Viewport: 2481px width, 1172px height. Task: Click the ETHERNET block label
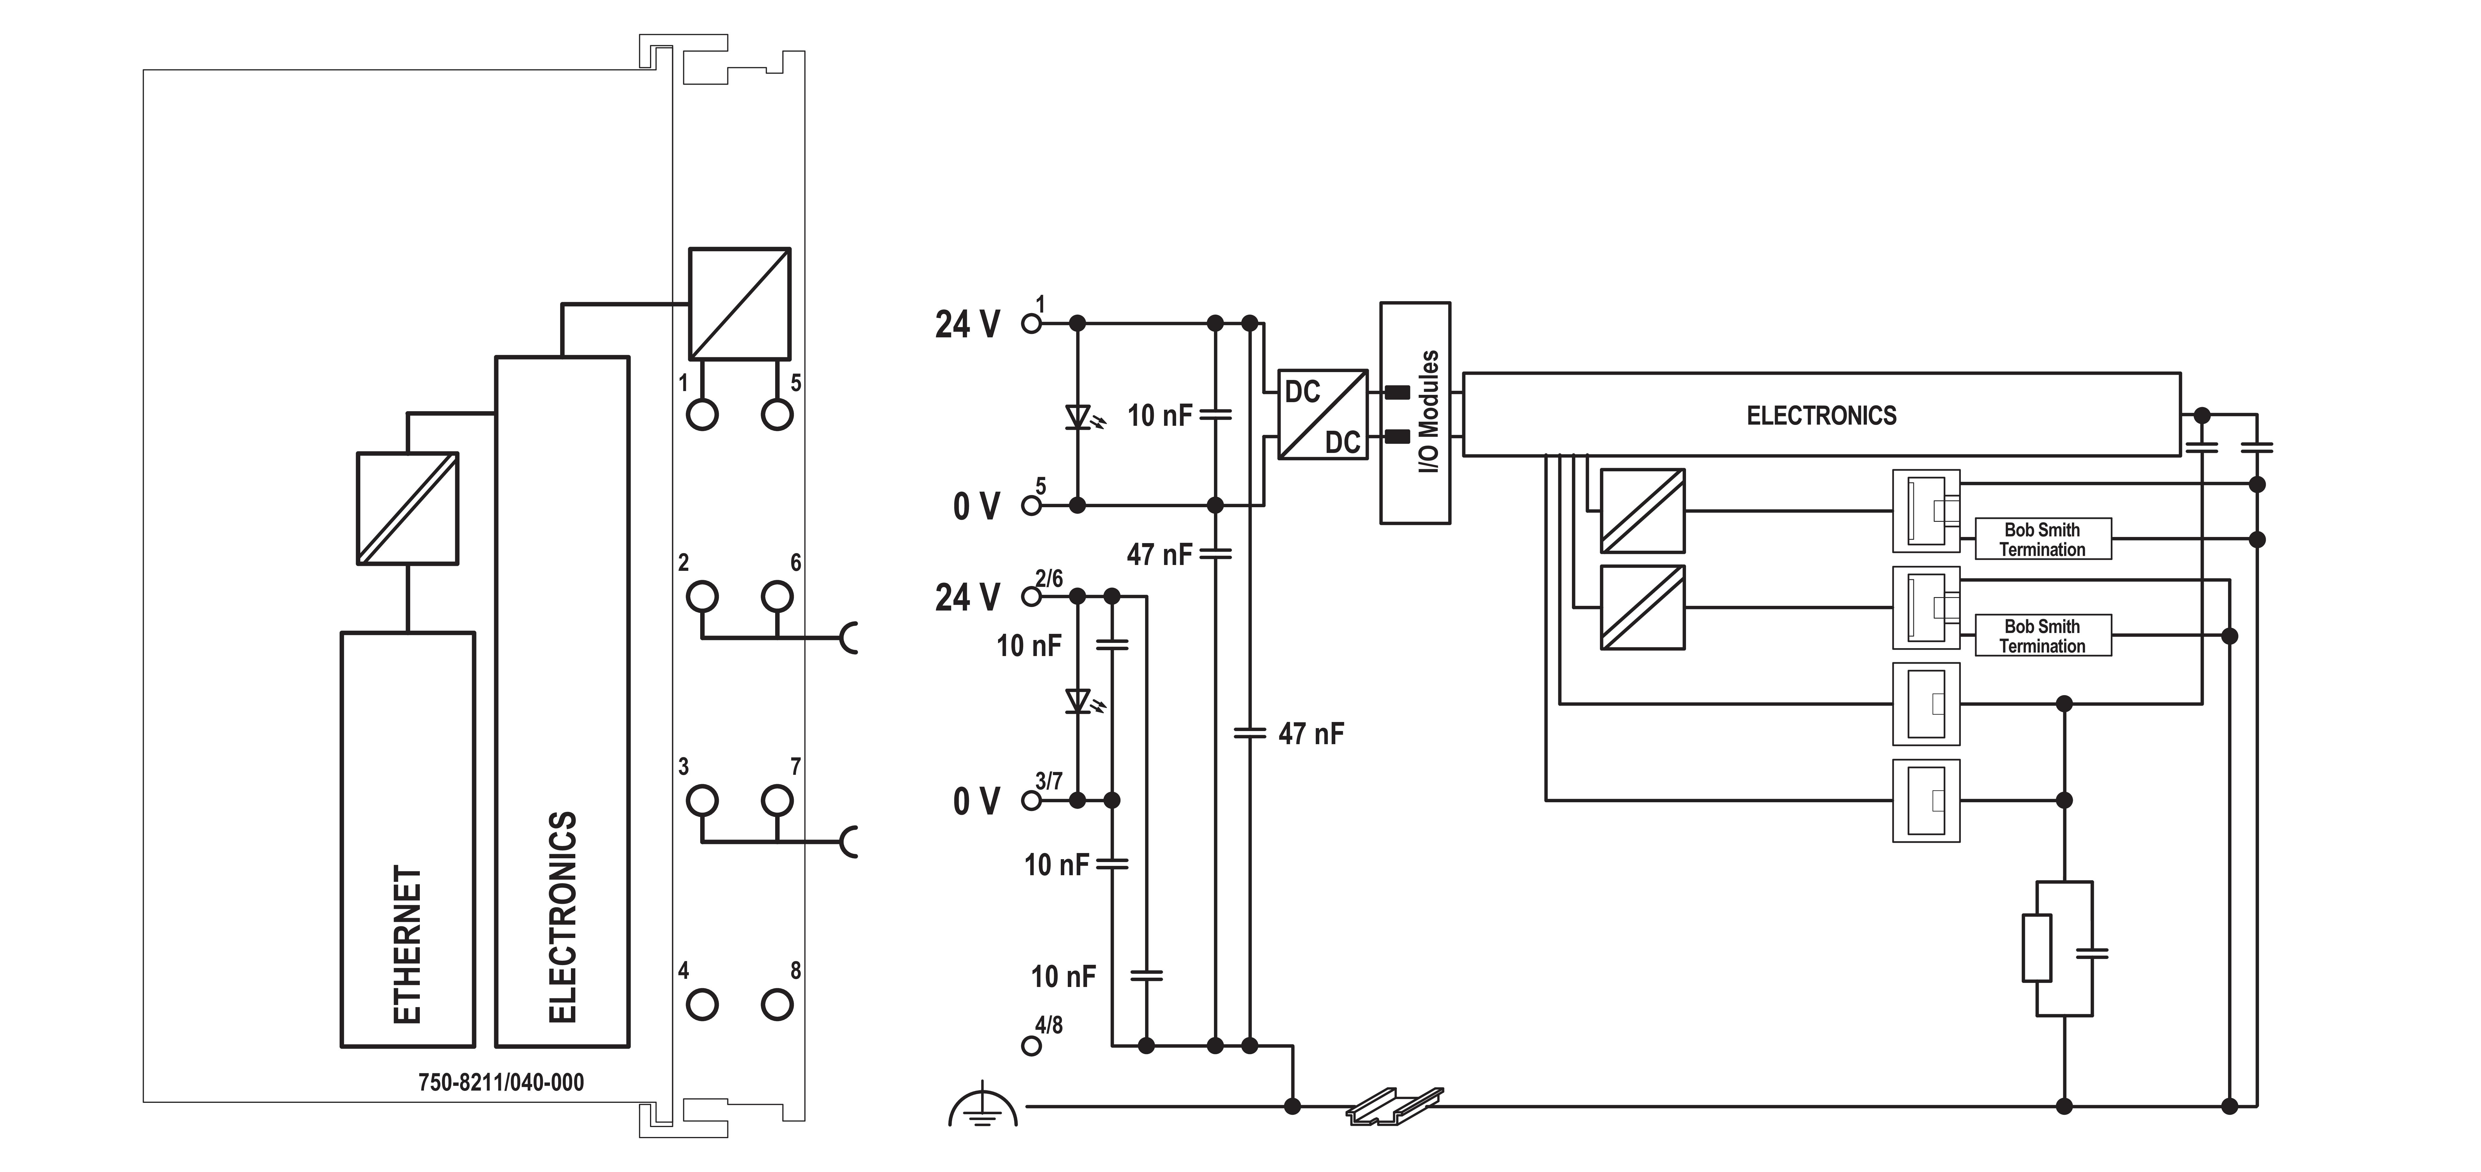407,944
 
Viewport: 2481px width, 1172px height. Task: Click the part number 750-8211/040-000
501,1082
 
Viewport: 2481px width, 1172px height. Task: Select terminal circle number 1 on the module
702,415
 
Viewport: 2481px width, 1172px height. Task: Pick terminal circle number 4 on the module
702,1004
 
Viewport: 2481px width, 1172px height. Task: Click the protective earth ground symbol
982,1108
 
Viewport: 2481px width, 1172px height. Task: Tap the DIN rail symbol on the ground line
1394,1108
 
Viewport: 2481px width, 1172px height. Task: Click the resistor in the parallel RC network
2036,948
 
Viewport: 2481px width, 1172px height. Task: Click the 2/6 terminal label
1049,579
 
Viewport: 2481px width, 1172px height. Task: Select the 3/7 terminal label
1049,781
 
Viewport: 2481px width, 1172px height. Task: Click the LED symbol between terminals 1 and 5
1079,417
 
